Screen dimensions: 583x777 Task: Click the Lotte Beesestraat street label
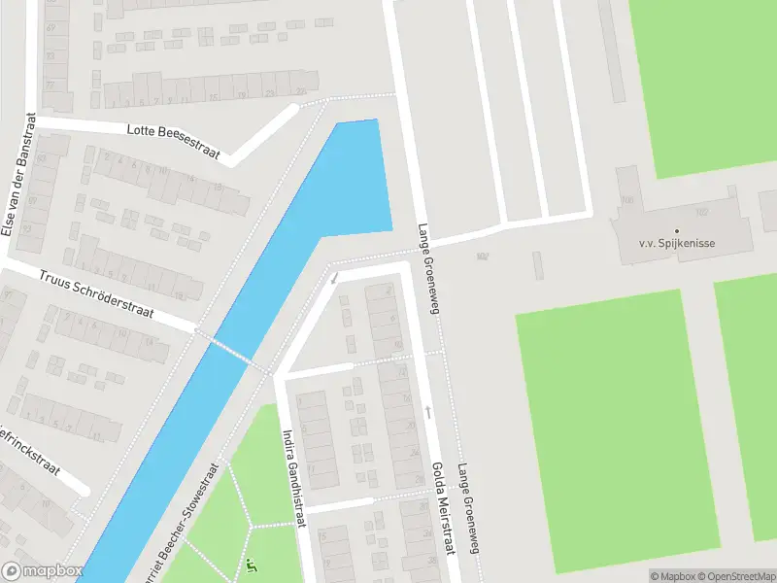click(173, 142)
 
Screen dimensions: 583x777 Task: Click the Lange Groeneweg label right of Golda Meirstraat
click(469, 507)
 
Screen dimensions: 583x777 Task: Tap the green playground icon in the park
click(253, 566)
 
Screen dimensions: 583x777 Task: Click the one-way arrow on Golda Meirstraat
click(426, 412)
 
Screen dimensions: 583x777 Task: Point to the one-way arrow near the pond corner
click(334, 279)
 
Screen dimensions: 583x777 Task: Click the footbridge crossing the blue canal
click(231, 351)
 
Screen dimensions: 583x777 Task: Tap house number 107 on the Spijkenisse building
click(701, 211)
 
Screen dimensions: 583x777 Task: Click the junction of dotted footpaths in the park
click(253, 526)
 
